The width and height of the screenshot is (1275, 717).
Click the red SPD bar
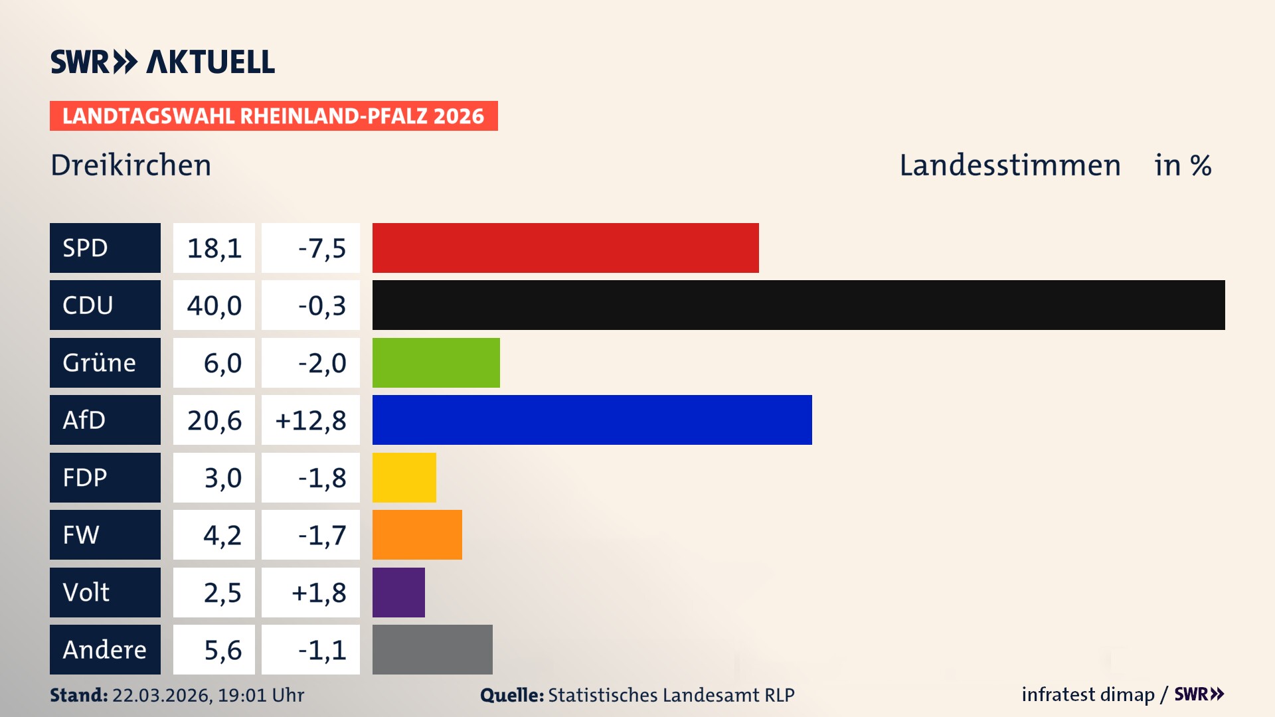point(565,248)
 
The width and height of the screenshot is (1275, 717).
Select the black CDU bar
point(798,305)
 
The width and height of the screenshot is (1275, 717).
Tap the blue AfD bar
point(592,420)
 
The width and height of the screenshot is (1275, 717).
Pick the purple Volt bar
point(398,592)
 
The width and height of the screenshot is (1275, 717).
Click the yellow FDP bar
point(404,477)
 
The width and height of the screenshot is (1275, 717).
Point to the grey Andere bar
point(432,649)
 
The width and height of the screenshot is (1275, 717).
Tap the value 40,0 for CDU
point(214,305)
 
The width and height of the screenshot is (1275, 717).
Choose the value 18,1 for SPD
point(214,248)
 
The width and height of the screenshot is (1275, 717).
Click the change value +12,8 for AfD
point(311,420)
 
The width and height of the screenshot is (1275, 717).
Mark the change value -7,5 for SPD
point(321,248)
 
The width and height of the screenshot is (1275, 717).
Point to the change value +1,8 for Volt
point(319,592)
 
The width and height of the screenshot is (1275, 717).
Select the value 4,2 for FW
point(222,535)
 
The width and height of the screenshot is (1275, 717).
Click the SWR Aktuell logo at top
point(162,62)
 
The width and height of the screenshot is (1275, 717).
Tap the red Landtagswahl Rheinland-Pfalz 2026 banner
point(273,116)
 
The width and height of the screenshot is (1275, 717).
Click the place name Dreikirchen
point(131,165)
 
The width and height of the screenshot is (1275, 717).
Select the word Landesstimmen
point(1009,165)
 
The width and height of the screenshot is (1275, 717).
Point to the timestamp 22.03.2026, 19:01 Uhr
point(208,695)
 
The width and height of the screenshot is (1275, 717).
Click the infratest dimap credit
point(1088,694)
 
